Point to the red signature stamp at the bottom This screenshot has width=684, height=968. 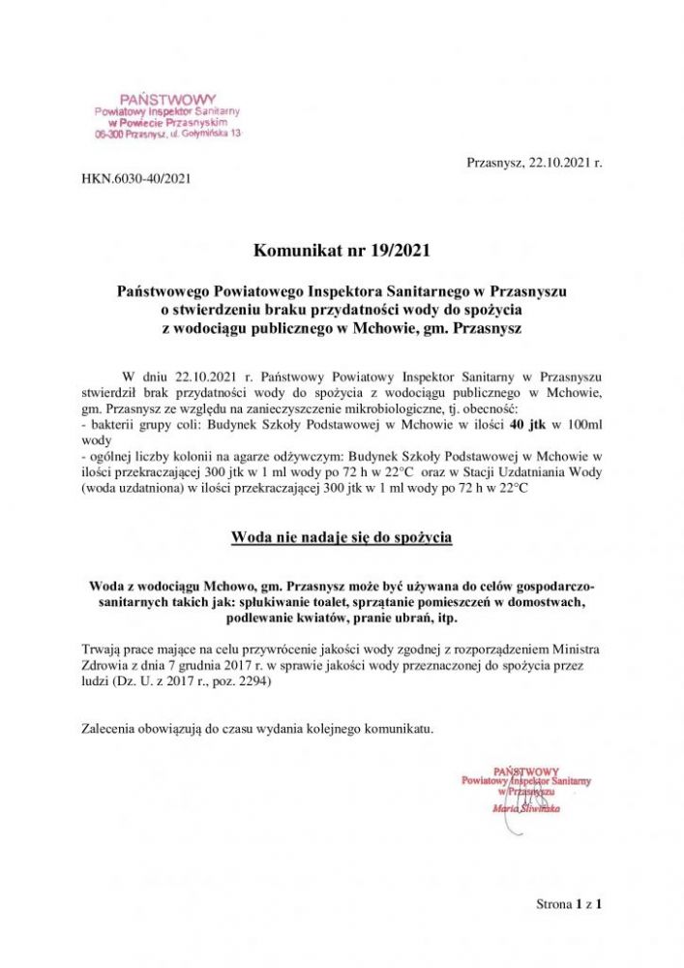pyautogui.click(x=526, y=785)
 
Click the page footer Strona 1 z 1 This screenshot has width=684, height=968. pyautogui.click(x=570, y=904)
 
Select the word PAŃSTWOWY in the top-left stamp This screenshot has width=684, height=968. pyautogui.click(x=167, y=100)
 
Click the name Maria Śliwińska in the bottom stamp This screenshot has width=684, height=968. pyautogui.click(x=526, y=806)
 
